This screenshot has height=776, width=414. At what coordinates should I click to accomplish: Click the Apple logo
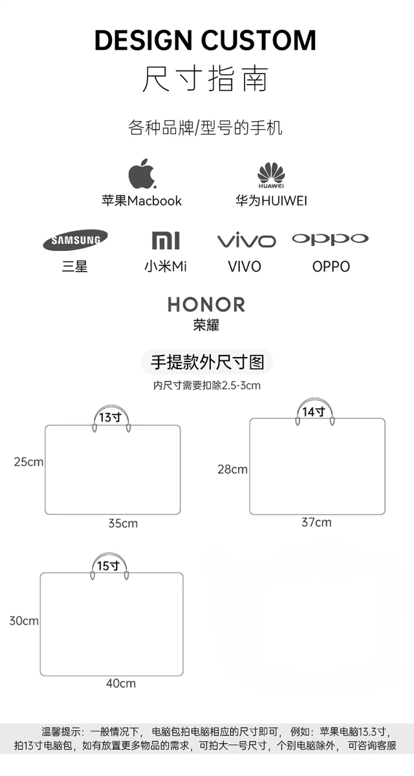142,173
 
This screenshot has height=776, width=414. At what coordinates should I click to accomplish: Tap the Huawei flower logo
271,173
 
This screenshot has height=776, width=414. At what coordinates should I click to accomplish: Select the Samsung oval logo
76,240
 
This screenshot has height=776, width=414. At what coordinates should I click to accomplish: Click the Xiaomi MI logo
166,240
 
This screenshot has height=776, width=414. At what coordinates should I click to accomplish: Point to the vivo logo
246,241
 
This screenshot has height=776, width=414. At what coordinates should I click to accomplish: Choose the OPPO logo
330,239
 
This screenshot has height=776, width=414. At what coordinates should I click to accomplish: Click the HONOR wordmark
206,305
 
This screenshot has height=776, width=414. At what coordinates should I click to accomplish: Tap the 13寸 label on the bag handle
110,417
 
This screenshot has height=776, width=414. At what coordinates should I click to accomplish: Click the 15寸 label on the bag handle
108,566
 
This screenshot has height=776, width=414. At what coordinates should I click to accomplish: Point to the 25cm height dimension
28,462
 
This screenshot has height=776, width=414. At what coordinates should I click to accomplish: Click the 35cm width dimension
123,523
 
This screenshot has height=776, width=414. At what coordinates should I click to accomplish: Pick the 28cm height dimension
232,469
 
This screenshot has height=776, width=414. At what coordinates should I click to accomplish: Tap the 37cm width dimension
316,522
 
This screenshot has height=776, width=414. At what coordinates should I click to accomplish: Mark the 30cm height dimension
24,621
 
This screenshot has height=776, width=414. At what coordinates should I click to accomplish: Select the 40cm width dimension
121,683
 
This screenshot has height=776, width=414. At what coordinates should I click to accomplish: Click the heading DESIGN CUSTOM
206,40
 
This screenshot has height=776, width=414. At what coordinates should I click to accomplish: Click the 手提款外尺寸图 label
207,361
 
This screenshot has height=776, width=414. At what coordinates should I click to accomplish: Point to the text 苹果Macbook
142,200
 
